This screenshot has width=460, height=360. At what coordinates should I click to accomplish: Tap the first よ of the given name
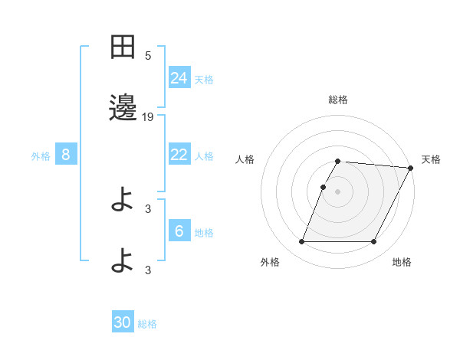tap(123, 201)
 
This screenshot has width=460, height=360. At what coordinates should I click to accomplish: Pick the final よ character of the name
tap(123, 261)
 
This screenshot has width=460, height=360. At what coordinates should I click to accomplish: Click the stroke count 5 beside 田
tap(148, 56)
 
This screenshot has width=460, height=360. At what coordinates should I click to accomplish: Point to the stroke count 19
tap(148, 117)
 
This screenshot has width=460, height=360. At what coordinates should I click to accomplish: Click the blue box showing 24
tap(179, 77)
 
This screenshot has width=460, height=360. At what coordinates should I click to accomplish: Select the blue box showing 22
tap(179, 154)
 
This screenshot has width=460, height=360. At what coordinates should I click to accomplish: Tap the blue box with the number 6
tap(179, 231)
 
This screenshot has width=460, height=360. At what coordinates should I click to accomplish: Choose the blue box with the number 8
tap(66, 155)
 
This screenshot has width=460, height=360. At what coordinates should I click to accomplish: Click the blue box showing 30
tap(123, 322)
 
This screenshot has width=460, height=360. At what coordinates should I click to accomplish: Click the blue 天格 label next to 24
tap(204, 79)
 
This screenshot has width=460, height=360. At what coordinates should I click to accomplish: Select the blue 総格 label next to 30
tap(147, 324)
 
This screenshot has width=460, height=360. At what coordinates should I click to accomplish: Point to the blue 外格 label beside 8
tap(41, 156)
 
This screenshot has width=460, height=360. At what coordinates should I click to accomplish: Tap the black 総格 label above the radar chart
tap(338, 100)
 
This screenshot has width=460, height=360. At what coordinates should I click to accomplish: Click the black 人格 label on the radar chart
tap(245, 159)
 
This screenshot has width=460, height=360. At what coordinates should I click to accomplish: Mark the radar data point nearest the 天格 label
tap(410, 169)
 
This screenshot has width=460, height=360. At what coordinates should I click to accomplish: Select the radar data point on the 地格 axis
tap(374, 242)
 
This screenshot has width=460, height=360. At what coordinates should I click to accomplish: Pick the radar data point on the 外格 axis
tap(301, 242)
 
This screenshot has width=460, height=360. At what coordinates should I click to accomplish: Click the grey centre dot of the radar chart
tap(338, 191)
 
